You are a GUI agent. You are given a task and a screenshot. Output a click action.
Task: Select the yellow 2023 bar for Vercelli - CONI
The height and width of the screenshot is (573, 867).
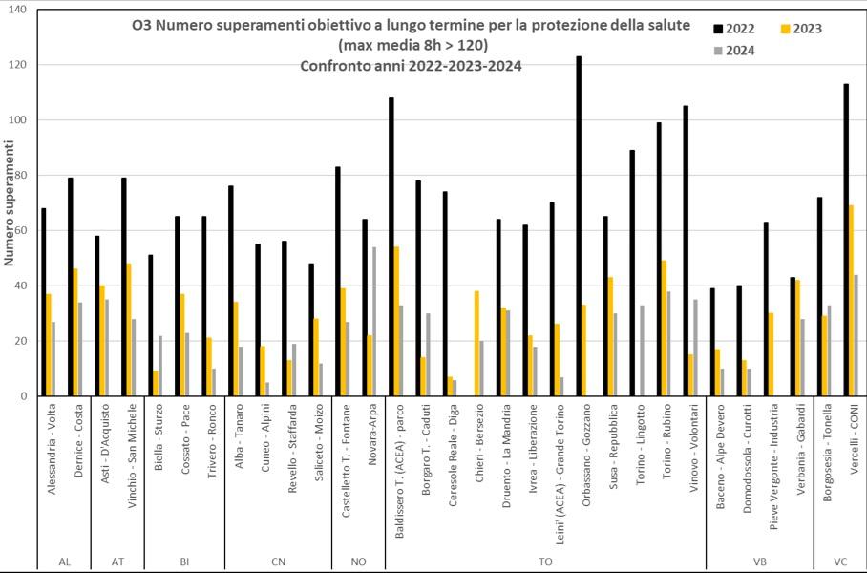coord(851,301)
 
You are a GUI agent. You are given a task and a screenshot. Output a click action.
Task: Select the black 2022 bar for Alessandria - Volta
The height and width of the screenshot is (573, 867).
coord(44,302)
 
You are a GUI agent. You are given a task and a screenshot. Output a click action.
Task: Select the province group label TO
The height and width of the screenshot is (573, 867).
coord(545,562)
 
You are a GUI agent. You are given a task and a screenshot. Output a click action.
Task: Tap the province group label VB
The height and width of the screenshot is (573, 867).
coord(759,562)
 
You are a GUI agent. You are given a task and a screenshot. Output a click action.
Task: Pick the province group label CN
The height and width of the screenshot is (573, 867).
coord(278,562)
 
